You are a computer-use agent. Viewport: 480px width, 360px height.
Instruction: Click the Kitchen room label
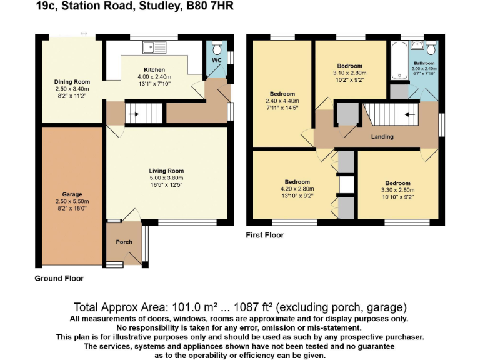154,69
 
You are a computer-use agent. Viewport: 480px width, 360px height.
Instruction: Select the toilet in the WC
217,48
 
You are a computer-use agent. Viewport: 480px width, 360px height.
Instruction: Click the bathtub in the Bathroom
399,61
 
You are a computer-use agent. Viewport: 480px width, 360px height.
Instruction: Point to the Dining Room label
72,81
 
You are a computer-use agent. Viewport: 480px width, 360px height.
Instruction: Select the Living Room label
166,170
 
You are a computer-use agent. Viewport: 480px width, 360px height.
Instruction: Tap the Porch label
124,242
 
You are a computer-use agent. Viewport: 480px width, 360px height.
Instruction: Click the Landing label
382,136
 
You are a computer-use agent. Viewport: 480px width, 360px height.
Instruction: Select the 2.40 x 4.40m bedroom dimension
282,101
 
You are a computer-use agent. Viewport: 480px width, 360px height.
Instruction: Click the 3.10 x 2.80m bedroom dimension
349,73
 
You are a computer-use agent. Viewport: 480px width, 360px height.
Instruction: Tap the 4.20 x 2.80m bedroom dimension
297,189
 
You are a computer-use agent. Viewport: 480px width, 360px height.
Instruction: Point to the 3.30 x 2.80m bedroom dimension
397,190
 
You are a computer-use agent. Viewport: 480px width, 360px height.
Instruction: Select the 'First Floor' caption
265,236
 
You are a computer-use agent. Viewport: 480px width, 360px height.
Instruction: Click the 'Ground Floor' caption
59,278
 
